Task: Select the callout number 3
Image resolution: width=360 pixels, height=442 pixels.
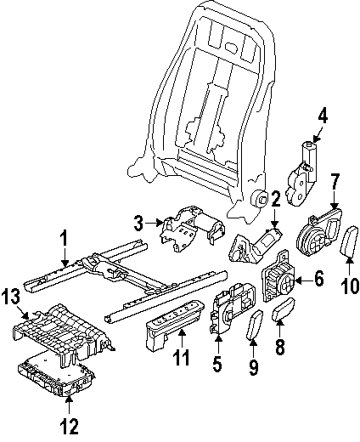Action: (138, 224)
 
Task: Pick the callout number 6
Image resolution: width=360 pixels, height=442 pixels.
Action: (318, 278)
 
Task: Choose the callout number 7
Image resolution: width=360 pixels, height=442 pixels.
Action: (335, 204)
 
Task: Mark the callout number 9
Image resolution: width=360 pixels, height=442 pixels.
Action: (252, 366)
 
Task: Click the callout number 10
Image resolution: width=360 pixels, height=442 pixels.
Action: (346, 286)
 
